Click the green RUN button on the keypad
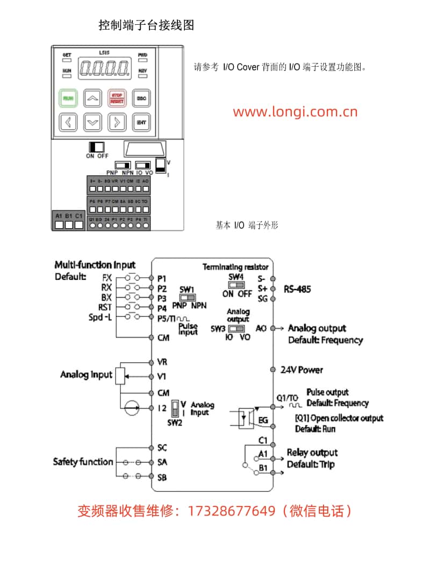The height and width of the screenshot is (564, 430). (68, 98)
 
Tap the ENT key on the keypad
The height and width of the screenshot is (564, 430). (141, 122)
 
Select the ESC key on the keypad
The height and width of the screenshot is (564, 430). (141, 98)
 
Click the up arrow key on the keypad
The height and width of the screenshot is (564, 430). (93, 98)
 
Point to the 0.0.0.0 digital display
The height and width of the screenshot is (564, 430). (104, 68)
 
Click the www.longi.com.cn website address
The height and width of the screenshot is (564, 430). (295, 112)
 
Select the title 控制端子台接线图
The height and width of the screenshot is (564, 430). (146, 25)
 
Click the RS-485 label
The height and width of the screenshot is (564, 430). (297, 289)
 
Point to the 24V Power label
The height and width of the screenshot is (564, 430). (302, 370)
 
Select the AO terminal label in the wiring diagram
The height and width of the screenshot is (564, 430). (261, 328)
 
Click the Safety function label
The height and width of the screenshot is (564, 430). (83, 462)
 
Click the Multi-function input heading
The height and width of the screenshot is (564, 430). (95, 265)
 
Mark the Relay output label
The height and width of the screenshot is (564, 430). (312, 453)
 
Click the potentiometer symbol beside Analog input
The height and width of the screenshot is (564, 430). (120, 375)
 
